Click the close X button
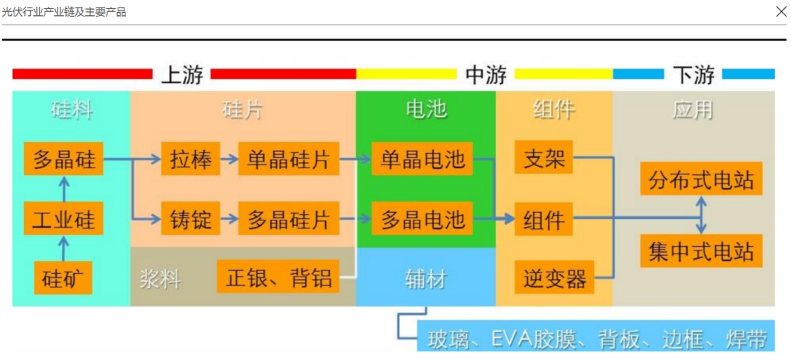781,11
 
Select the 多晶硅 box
63,158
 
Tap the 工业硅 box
63,218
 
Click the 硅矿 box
63,278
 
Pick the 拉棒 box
191,158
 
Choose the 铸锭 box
191,218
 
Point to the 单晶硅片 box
288,158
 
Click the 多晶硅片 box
288,218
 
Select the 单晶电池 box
422,158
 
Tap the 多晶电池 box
422,218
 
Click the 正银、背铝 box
279,276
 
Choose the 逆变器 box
555,277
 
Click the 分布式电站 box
701,178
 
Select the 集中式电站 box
701,251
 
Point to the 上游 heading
182,75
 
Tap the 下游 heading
694,75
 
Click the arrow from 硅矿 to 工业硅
63,248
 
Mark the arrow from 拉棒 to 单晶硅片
229,158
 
